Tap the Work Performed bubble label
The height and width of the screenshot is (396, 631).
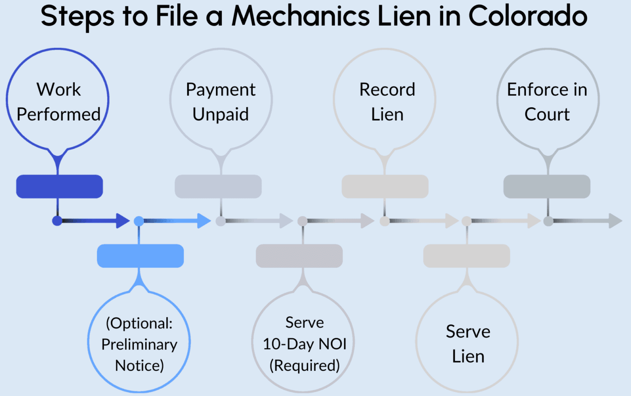click(59, 102)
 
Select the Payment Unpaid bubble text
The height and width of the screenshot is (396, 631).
click(220, 102)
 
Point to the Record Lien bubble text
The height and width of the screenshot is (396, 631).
click(387, 102)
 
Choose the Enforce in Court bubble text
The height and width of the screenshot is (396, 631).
click(547, 102)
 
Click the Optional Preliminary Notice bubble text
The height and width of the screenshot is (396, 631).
click(139, 344)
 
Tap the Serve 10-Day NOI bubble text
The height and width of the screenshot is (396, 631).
click(304, 344)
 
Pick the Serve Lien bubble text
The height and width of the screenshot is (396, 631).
click(468, 344)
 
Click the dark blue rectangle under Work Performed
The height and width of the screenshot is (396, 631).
click(59, 186)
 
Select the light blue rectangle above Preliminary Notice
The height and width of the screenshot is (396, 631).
click(140, 256)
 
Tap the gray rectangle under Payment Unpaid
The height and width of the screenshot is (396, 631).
click(218, 186)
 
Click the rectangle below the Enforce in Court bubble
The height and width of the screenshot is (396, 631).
click(547, 186)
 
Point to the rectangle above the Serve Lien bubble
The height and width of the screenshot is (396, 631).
click(466, 256)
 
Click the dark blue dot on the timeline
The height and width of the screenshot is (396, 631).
click(57, 221)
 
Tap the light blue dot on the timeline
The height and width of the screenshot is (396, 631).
click(139, 221)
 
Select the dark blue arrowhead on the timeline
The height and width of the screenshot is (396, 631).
click(123, 221)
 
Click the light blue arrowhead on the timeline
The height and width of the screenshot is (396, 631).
click(204, 221)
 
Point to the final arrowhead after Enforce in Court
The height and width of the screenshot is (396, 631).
click(615, 221)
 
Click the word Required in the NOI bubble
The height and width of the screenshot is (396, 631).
click(305, 365)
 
